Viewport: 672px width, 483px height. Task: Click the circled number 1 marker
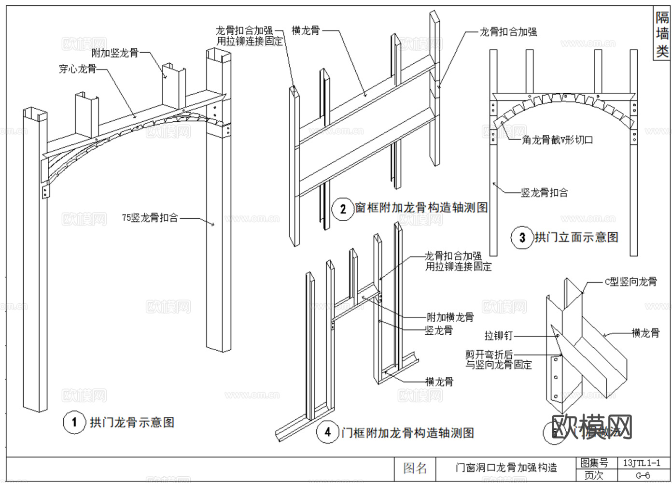(x=74, y=423)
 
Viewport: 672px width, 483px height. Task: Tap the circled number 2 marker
(x=343, y=209)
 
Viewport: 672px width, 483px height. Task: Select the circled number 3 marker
(x=522, y=238)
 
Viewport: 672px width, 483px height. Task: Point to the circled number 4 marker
(x=328, y=432)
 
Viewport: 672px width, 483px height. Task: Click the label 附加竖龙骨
(x=115, y=53)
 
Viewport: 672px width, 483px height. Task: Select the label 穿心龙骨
(x=77, y=69)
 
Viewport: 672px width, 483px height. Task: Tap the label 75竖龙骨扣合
(x=150, y=218)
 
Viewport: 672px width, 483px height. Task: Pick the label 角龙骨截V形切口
(x=558, y=140)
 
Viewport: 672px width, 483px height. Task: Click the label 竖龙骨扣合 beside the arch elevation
(x=544, y=193)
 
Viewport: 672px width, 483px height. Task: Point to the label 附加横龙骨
(x=450, y=317)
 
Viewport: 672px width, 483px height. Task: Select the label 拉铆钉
(x=498, y=335)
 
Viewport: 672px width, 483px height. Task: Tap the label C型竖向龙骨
(x=630, y=282)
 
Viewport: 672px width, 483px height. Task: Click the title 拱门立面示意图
(x=576, y=238)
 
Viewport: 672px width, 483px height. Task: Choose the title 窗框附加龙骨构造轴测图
(x=421, y=208)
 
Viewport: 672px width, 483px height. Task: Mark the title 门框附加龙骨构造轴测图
(x=407, y=433)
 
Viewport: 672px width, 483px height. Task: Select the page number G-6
(x=642, y=475)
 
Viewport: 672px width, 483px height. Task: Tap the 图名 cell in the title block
(x=415, y=468)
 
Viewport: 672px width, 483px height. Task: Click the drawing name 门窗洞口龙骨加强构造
(x=506, y=468)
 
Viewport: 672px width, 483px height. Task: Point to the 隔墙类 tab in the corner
(x=662, y=34)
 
